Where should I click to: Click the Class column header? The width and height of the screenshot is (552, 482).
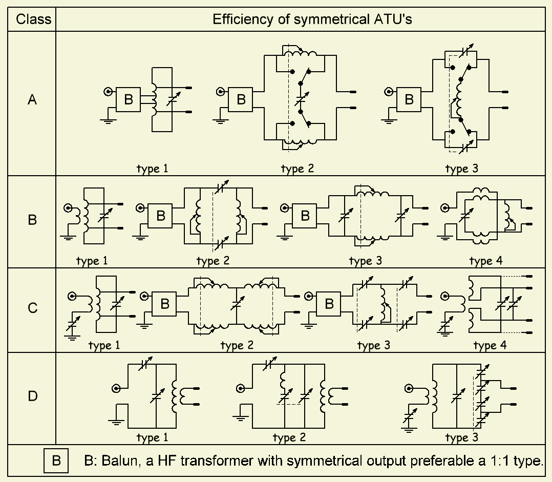tap(33, 19)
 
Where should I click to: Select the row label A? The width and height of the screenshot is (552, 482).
tap(32, 100)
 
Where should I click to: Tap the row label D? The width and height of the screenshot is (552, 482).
tap(32, 396)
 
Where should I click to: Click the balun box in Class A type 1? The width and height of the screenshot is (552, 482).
tap(129, 100)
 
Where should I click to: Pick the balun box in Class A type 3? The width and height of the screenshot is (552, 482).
tap(409, 100)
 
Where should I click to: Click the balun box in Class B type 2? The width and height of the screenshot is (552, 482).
tap(160, 216)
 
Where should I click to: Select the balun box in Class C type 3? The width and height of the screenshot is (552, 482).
tap(329, 304)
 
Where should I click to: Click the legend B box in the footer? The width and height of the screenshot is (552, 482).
tap(57, 460)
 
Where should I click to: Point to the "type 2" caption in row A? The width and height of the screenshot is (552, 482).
tap(298, 169)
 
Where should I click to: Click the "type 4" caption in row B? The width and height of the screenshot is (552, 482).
tap(486, 261)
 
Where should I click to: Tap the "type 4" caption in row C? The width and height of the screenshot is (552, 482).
tap(490, 346)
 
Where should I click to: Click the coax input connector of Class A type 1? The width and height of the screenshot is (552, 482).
tap(108, 92)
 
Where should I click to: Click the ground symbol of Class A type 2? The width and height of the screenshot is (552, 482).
tap(220, 121)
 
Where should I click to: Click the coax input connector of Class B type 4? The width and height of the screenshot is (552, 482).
tap(445, 208)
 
